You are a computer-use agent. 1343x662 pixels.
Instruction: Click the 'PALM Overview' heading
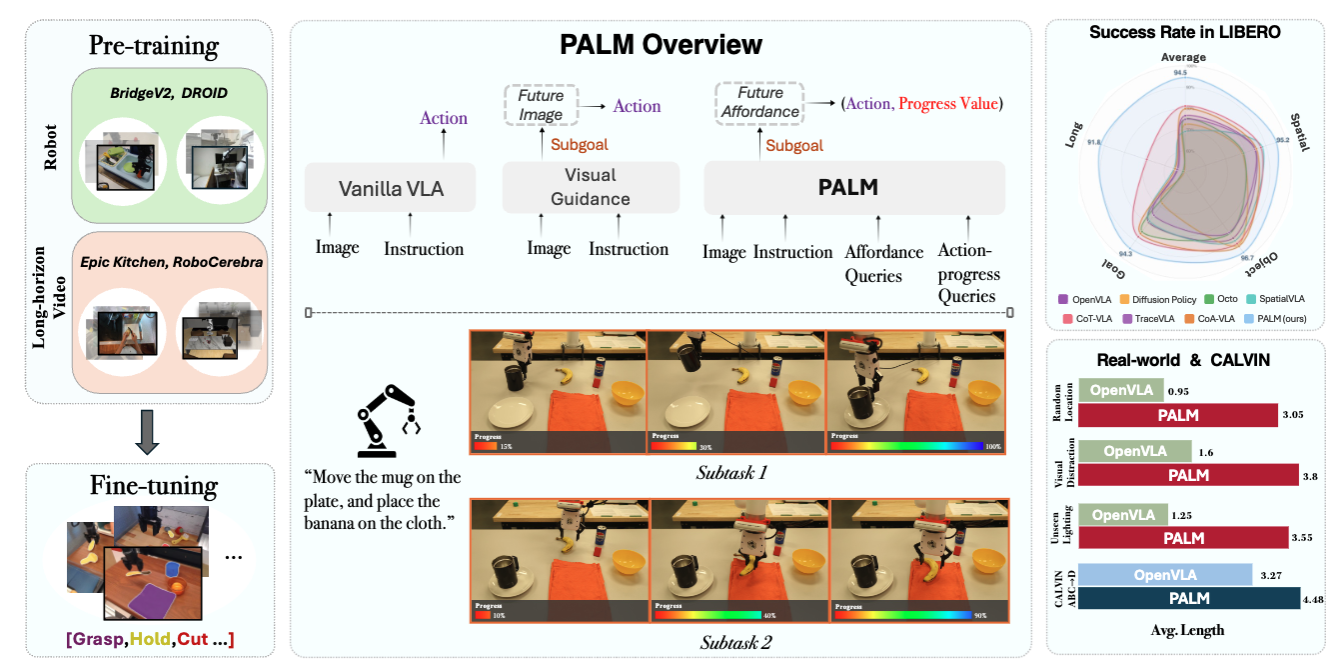[x=661, y=45]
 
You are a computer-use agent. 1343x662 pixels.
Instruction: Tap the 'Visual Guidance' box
[x=591, y=186]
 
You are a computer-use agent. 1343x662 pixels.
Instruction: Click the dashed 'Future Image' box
[x=540, y=106]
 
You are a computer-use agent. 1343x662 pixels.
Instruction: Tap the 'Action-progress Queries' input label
[x=968, y=272]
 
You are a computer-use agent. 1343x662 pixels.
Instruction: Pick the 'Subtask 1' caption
[x=736, y=472]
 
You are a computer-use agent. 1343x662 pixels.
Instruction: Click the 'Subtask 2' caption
[x=736, y=641]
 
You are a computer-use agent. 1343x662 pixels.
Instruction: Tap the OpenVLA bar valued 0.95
[x=1123, y=390]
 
